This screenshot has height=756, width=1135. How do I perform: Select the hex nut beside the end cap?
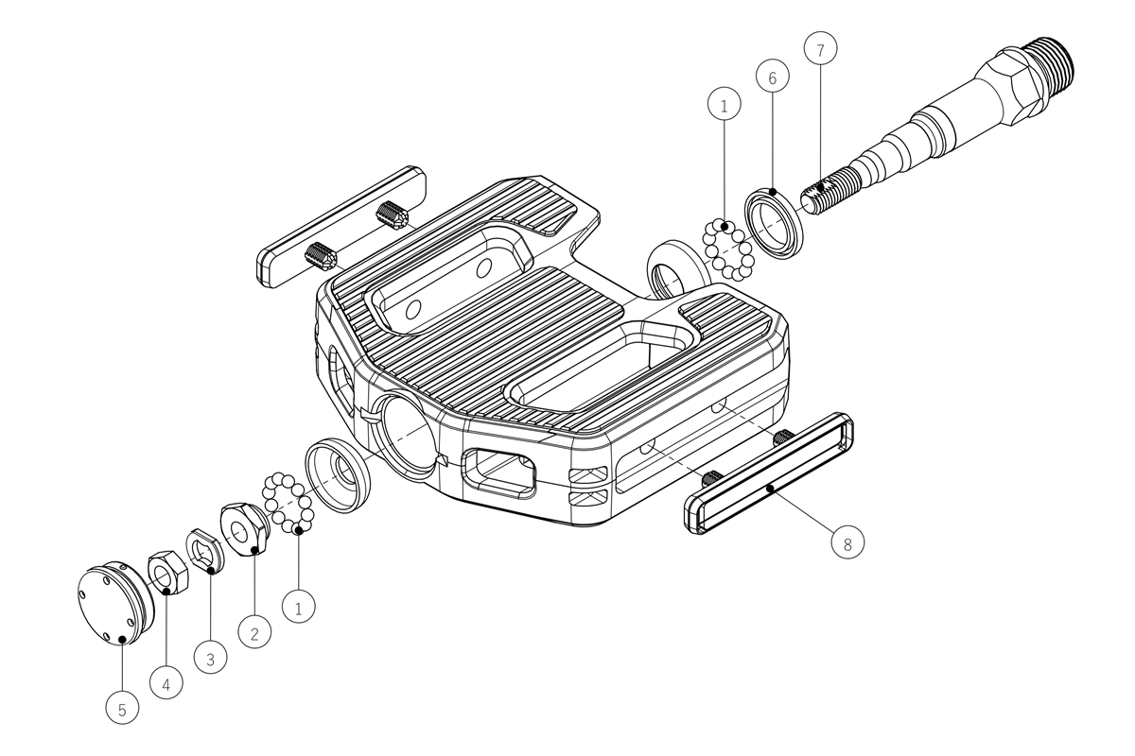(168, 572)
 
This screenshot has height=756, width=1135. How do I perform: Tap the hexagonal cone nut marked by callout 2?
(244, 529)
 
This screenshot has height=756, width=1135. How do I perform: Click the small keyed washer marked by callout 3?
(206, 552)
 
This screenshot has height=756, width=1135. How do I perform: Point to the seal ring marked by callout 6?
(774, 223)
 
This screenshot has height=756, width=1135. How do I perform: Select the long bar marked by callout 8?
(769, 474)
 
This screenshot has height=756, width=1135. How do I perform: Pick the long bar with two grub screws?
(341, 227)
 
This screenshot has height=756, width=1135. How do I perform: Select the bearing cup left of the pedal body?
(338, 476)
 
